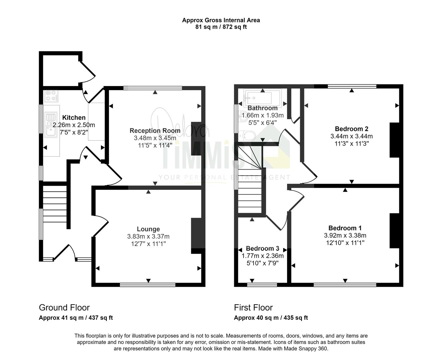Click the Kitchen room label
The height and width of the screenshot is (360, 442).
[74, 118]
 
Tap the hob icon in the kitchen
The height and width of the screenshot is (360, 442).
[52, 96]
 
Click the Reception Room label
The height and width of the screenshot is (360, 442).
[155, 131]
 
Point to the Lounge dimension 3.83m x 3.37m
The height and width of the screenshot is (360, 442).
[148, 236]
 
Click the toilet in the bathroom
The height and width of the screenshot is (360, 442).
[247, 136]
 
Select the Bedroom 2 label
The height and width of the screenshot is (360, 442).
[351, 129]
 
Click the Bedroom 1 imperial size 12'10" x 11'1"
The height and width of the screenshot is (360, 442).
[345, 243]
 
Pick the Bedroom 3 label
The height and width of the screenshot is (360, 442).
[262, 248]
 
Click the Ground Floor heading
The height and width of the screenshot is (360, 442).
[64, 307]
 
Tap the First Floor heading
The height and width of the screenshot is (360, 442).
[253, 307]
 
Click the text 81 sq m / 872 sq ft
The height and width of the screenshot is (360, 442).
[221, 27]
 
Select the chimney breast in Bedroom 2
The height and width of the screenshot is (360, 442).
[394, 140]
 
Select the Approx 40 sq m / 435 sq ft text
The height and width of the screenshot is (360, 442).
[271, 318]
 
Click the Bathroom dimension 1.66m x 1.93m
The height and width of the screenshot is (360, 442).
[262, 115]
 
